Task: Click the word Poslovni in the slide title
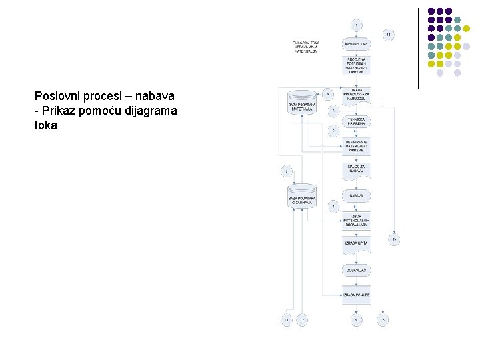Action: click(x=55, y=95)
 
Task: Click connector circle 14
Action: click(x=388, y=34)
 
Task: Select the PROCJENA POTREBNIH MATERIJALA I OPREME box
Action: click(x=356, y=65)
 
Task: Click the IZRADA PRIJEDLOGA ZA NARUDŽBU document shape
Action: click(x=356, y=95)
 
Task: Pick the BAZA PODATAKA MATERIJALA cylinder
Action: click(x=302, y=104)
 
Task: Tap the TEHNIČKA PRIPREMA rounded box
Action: click(x=356, y=122)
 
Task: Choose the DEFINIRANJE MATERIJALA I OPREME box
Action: click(x=356, y=146)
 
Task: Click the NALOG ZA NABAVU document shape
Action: click(x=356, y=171)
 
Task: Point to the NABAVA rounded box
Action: click(x=356, y=196)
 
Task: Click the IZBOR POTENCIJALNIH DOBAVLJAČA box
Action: click(x=356, y=221)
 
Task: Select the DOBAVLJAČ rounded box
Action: click(x=356, y=271)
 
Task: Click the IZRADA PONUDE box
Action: click(x=356, y=295)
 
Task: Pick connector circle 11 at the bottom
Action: click(x=287, y=321)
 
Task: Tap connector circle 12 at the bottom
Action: click(x=301, y=321)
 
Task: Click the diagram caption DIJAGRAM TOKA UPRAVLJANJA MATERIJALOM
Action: click(x=306, y=47)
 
